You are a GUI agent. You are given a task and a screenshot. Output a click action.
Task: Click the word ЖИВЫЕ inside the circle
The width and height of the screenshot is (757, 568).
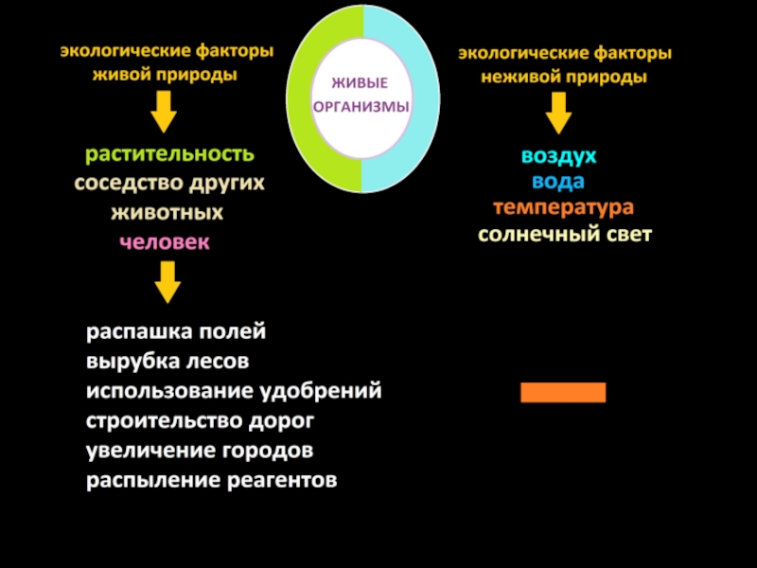(x=363, y=85)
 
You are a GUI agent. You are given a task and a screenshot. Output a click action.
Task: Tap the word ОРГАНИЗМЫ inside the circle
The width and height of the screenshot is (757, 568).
(x=362, y=107)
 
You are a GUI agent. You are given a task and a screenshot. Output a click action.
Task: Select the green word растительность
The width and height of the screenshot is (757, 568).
(x=169, y=153)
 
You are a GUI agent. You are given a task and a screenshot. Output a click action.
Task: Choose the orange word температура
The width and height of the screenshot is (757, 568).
(x=562, y=206)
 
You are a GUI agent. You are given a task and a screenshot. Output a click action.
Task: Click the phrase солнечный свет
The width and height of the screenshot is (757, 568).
(x=564, y=234)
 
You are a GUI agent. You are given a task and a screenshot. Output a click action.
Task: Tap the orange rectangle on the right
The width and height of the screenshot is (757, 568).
(x=563, y=392)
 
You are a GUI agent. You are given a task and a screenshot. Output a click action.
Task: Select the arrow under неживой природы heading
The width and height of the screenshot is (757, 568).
(x=558, y=114)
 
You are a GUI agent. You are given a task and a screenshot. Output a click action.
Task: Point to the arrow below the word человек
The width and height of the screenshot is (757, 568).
(x=167, y=281)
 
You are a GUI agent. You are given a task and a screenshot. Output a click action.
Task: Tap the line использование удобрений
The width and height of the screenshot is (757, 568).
(x=234, y=391)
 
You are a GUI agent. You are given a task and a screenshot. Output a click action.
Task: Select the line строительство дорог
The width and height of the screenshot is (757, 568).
(x=200, y=420)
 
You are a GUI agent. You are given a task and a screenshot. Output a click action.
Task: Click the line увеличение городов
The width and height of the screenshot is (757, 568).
(x=200, y=450)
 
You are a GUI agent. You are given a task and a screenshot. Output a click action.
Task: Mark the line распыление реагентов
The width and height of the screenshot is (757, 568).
(x=212, y=480)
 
